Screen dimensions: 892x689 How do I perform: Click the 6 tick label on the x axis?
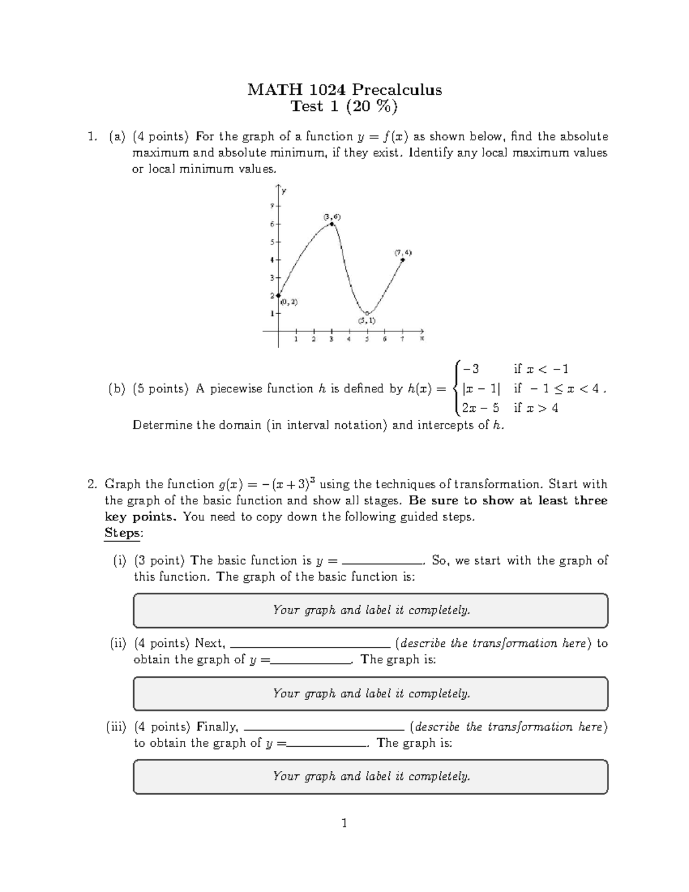[x=385, y=339]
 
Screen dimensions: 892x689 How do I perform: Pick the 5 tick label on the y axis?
[x=272, y=242]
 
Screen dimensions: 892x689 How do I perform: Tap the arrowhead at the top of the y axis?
[x=278, y=187]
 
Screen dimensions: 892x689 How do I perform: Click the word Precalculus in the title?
[x=397, y=90]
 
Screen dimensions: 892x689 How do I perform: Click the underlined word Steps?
[x=122, y=533]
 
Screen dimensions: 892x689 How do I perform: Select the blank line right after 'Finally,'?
[x=324, y=730]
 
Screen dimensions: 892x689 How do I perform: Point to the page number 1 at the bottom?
[x=344, y=824]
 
